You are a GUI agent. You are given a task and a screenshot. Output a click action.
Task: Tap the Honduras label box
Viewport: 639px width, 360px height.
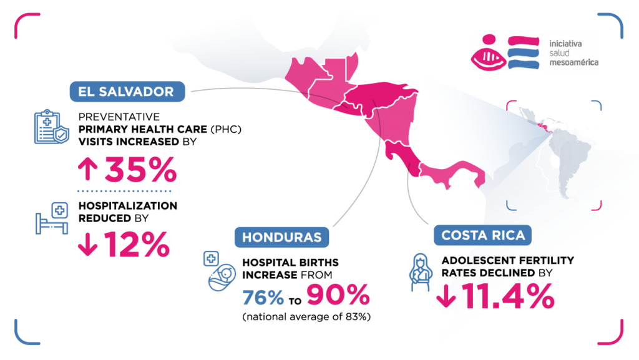click(281, 237)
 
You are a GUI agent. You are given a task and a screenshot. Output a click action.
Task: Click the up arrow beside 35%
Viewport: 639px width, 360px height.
click(88, 168)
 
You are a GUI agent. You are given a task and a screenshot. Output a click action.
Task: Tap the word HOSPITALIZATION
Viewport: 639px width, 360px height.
click(127, 206)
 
